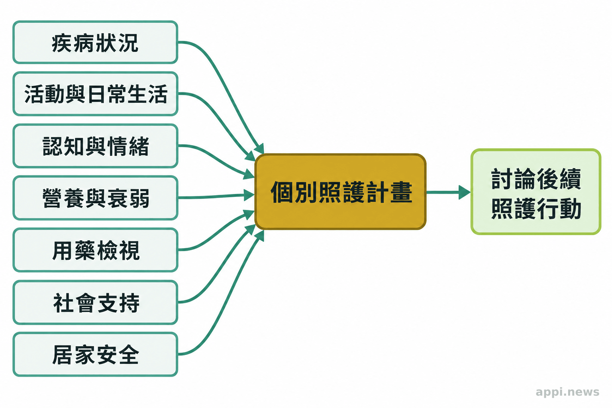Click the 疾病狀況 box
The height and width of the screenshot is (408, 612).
pos(95,42)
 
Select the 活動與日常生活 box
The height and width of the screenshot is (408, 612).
pos(95,94)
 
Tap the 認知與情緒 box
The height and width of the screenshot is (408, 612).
pos(95,146)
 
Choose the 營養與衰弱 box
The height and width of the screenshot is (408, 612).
pos(95,198)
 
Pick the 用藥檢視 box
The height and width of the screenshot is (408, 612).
pos(95,250)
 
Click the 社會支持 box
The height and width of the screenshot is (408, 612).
pos(95,302)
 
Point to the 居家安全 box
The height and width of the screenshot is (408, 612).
pos(95,355)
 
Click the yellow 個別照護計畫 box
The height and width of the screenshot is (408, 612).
pos(340,192)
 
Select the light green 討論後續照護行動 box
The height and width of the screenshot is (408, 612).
pos(536,192)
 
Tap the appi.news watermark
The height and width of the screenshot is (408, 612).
pos(567,392)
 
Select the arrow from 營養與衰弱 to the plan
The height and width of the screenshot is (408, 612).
pos(216,196)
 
